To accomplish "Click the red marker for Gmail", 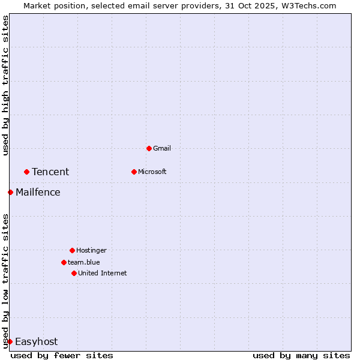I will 149,148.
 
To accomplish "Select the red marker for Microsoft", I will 134,172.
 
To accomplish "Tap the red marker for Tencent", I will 26,172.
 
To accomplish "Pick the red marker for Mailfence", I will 10,192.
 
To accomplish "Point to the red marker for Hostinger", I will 72,250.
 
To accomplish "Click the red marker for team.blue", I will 64,262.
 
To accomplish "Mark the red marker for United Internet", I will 74,273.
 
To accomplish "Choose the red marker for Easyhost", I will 10,341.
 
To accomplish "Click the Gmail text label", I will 162,148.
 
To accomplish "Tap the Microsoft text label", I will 152,172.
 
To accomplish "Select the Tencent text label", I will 50,172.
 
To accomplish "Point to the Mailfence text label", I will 38,193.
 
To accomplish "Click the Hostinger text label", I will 91,250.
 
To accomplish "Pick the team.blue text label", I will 84,262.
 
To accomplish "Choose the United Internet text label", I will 103,273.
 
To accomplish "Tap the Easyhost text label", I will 36,342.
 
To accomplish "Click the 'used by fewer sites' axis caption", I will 62,355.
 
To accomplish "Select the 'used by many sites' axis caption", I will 301,355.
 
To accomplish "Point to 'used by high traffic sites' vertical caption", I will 5,85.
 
